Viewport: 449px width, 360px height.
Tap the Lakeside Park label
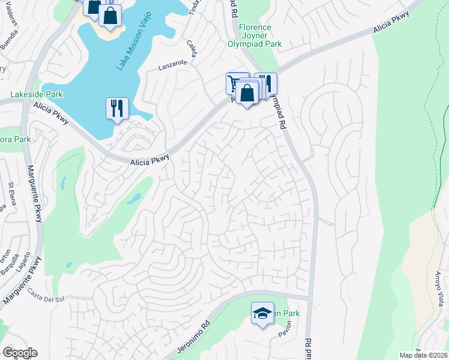[37, 95]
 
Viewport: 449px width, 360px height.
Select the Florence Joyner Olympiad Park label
[255, 35]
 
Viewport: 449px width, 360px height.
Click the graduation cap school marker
[262, 314]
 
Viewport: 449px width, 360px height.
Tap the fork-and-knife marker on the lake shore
[116, 108]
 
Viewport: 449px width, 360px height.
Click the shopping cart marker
[235, 82]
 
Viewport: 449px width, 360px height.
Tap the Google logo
[20, 353]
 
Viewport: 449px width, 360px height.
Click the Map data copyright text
[423, 355]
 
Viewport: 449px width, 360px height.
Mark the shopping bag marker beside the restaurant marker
[247, 93]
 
